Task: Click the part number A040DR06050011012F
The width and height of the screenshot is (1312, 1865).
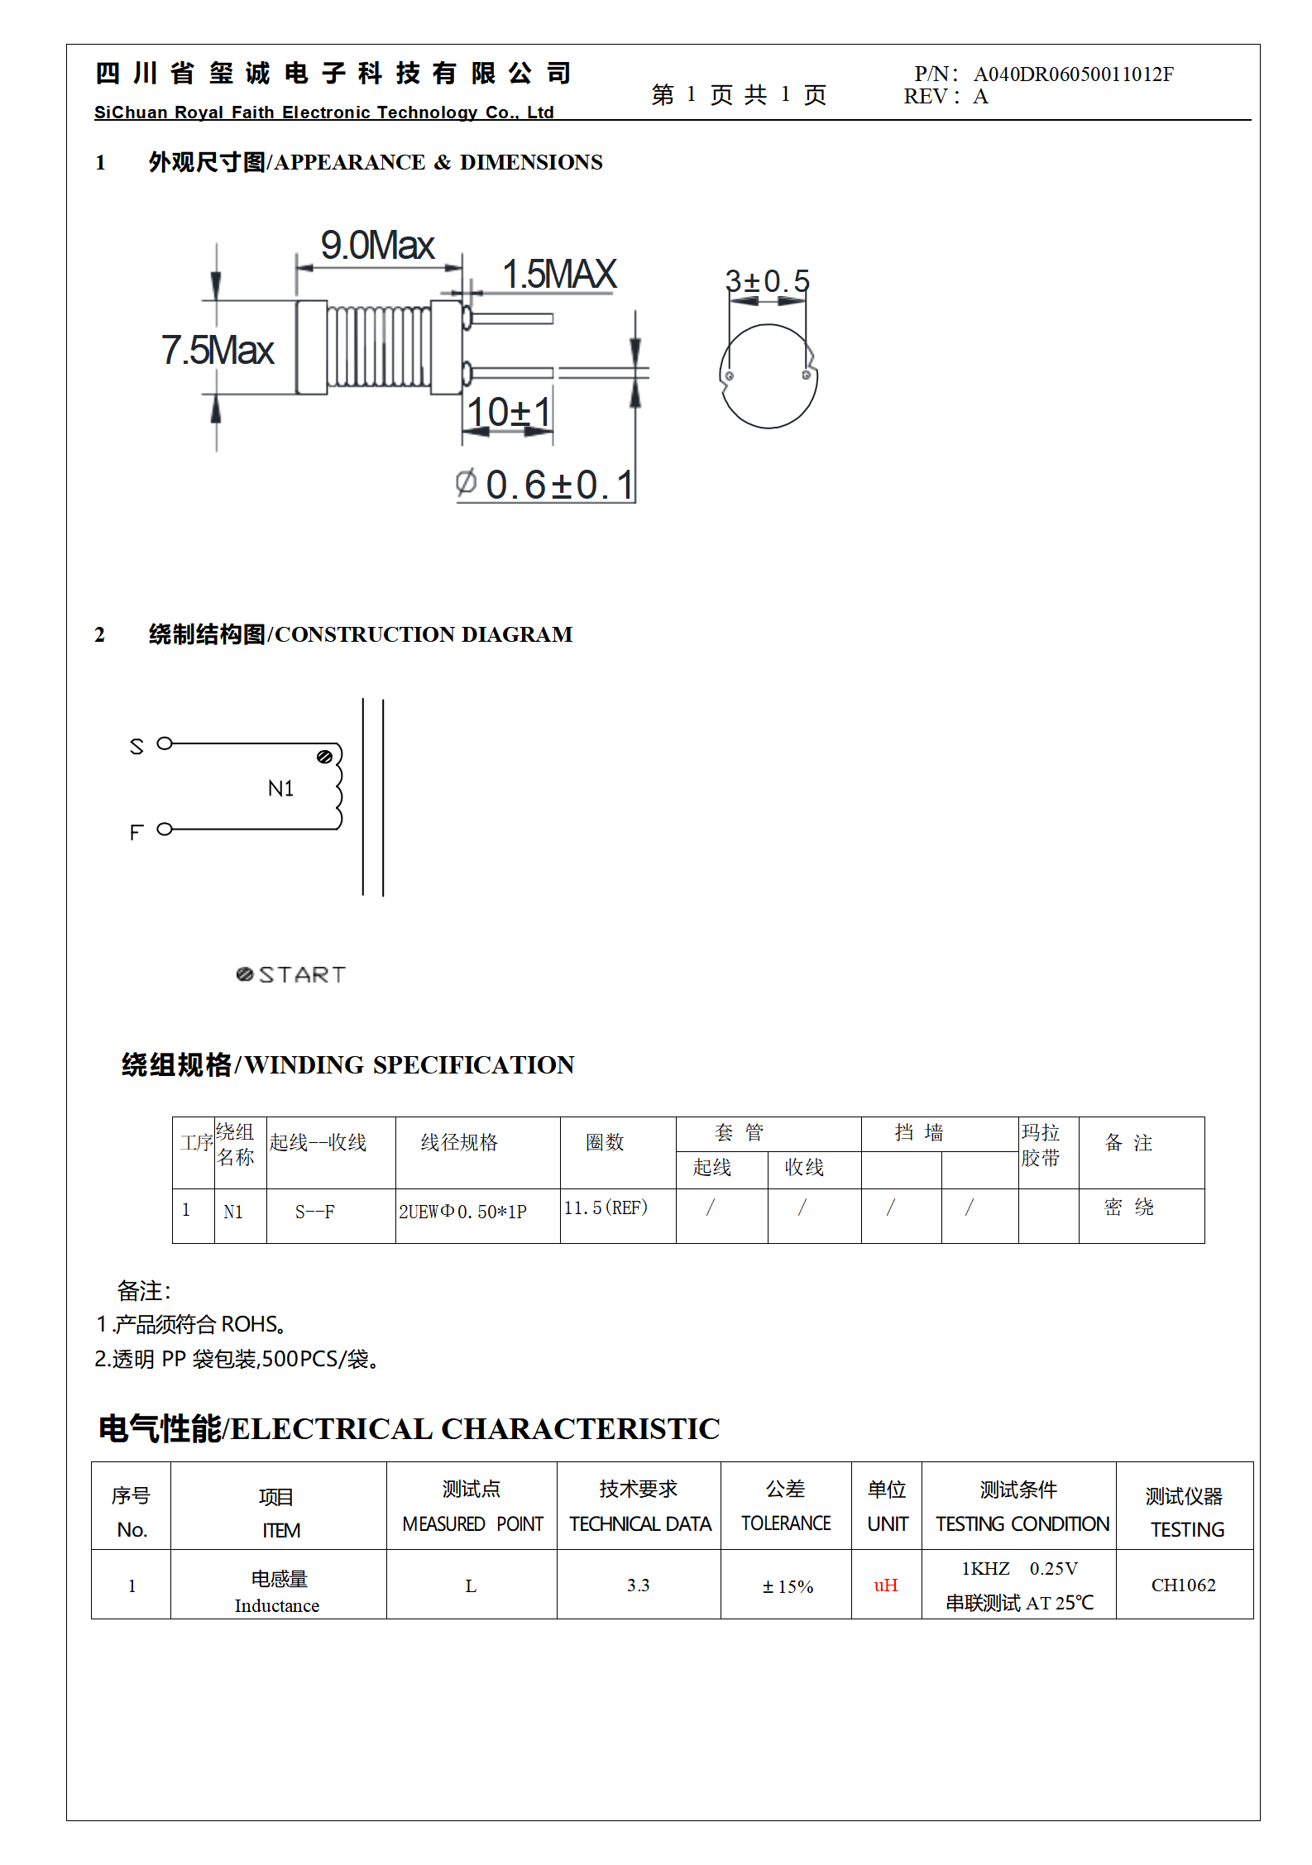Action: click(1073, 74)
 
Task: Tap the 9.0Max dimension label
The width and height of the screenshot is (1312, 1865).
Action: click(377, 245)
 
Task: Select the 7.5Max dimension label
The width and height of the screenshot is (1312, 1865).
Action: click(217, 350)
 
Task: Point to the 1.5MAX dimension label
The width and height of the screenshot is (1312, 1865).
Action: click(559, 275)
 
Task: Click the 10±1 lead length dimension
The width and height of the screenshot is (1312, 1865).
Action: click(508, 412)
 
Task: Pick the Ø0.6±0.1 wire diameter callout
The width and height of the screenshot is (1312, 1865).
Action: click(546, 485)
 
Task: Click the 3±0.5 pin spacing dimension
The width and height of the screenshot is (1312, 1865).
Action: click(767, 281)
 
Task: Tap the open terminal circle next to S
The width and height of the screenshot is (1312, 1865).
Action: click(165, 744)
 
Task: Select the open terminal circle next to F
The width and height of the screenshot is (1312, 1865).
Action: click(165, 829)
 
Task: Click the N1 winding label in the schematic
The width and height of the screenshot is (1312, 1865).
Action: click(280, 789)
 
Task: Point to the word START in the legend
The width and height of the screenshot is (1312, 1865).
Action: click(302, 975)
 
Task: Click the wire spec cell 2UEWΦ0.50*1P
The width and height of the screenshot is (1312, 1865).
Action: click(462, 1212)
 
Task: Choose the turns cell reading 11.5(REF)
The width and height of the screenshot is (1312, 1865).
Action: click(606, 1207)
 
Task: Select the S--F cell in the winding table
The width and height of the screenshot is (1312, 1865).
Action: click(314, 1212)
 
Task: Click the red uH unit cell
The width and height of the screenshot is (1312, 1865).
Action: click(885, 1585)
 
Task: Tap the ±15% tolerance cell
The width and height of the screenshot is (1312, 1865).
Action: click(788, 1586)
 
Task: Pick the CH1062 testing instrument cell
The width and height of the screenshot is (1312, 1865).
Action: click(1183, 1585)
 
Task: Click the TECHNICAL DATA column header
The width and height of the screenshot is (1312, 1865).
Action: click(639, 1523)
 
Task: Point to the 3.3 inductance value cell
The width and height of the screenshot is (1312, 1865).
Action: click(638, 1585)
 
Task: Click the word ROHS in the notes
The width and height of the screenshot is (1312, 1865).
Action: click(249, 1324)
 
